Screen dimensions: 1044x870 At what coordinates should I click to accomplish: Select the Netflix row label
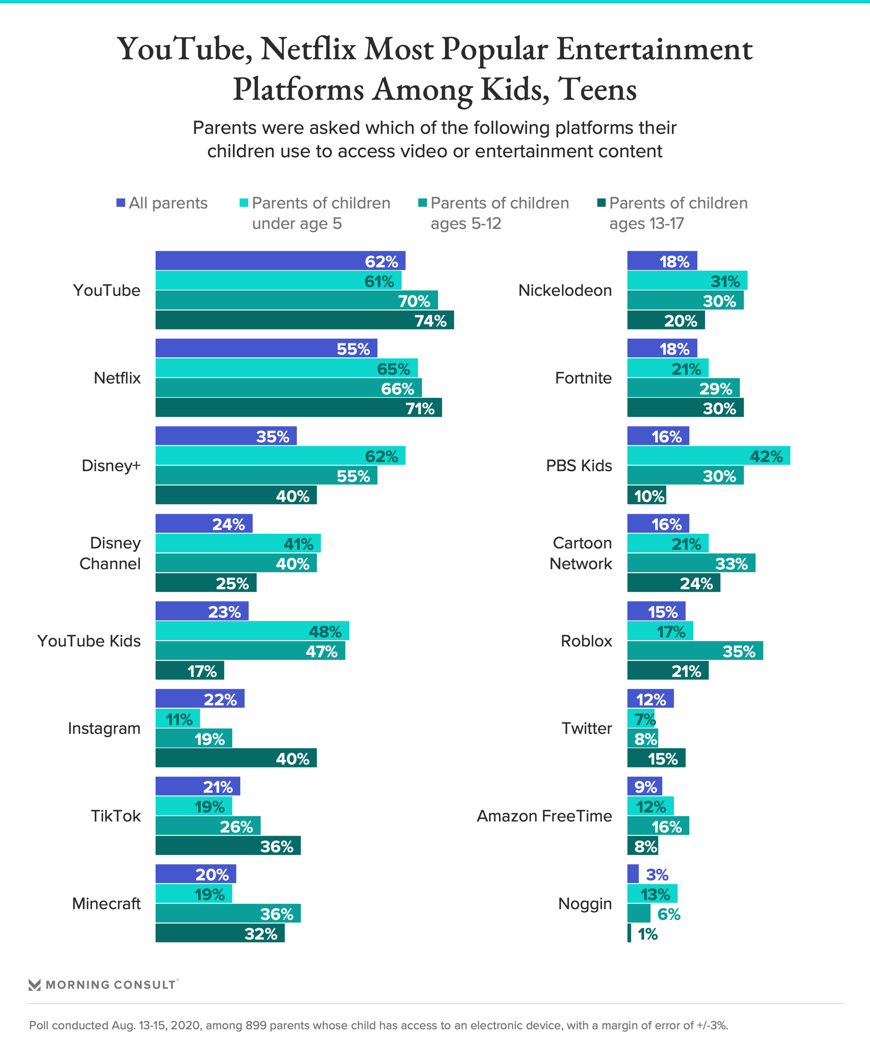click(x=117, y=378)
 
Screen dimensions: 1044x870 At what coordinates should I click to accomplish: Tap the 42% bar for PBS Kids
click(x=708, y=456)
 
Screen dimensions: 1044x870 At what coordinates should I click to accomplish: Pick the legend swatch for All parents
click(x=121, y=203)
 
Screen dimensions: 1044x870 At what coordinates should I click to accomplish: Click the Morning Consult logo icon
click(x=34, y=985)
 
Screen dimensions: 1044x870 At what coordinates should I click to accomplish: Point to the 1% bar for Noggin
click(x=629, y=933)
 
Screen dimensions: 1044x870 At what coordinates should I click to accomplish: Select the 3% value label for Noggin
click(x=657, y=875)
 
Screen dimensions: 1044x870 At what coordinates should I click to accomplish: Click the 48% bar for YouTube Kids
click(x=252, y=631)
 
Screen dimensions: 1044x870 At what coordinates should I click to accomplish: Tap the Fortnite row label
click(x=583, y=378)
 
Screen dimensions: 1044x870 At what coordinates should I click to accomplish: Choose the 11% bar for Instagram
click(x=178, y=719)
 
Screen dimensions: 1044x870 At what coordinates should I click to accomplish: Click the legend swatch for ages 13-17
click(x=601, y=203)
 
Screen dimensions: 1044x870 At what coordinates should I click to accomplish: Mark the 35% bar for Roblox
click(x=695, y=651)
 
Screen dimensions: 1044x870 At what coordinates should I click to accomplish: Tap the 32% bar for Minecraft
click(x=220, y=933)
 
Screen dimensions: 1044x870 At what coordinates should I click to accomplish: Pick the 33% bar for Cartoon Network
click(x=691, y=563)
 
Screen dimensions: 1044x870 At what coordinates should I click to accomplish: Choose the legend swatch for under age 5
click(x=244, y=203)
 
